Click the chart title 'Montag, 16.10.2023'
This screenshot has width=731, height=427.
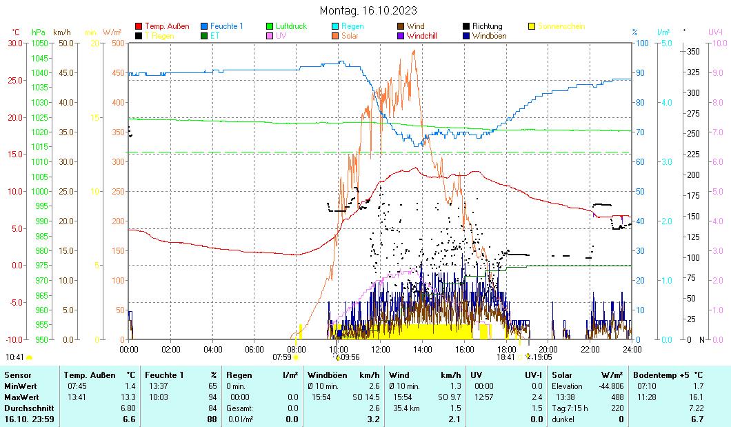pyautogui.click(x=368, y=10)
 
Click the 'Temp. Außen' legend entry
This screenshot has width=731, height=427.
pyautogui.click(x=166, y=26)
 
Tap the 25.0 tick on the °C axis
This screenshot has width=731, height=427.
pyautogui.click(x=14, y=80)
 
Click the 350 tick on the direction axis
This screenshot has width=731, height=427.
pyautogui.click(x=694, y=52)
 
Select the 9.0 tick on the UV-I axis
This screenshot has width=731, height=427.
pyautogui.click(x=717, y=72)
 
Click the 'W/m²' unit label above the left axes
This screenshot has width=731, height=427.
pyautogui.click(x=112, y=32)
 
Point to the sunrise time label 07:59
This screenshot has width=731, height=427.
pyautogui.click(x=282, y=357)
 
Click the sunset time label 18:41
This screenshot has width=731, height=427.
pyautogui.click(x=505, y=357)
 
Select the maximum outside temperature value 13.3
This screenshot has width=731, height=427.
pyautogui.click(x=128, y=397)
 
